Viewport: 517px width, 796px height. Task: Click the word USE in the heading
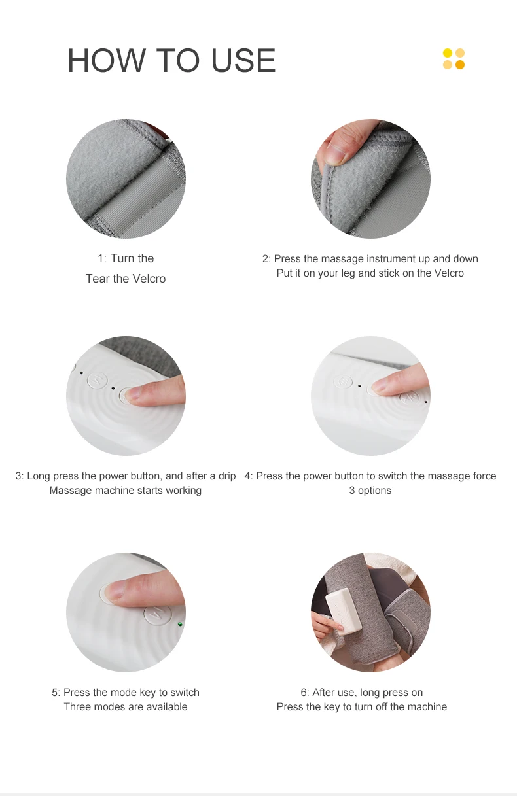[x=243, y=60]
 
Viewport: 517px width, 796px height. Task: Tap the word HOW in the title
[x=107, y=60]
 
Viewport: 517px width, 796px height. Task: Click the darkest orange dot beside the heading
[x=460, y=65]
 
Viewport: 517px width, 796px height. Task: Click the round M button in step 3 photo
[x=97, y=380]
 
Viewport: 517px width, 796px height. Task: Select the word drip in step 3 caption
[x=227, y=476]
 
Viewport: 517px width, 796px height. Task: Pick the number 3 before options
[x=352, y=491]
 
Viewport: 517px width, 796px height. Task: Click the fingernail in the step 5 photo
[x=115, y=591]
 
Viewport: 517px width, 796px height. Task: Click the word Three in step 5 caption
[x=77, y=707]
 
